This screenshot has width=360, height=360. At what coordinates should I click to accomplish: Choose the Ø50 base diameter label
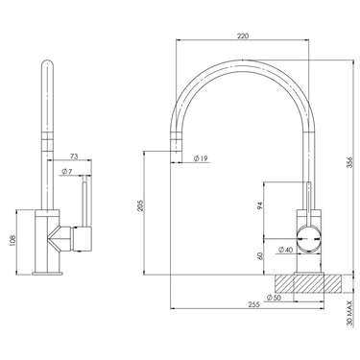[275, 298]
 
